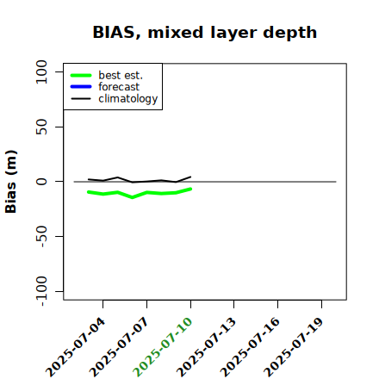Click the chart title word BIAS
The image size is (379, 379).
(x=114, y=33)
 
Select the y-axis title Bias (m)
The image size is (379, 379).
(x=11, y=182)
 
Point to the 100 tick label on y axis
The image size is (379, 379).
(x=41, y=71)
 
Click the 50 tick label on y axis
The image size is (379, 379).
(x=41, y=127)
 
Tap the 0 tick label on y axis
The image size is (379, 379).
(x=41, y=182)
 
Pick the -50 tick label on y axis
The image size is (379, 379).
(x=42, y=236)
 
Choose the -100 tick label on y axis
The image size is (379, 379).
(x=42, y=291)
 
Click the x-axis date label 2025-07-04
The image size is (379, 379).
(x=75, y=347)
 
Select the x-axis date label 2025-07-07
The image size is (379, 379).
(x=119, y=347)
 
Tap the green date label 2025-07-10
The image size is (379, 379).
(x=163, y=347)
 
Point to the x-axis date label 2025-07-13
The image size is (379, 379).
(x=207, y=347)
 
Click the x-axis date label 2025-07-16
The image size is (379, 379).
(x=250, y=347)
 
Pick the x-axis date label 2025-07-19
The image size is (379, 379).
(x=294, y=347)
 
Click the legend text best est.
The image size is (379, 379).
(x=121, y=75)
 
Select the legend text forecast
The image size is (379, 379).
(x=119, y=87)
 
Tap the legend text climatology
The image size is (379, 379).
(x=128, y=99)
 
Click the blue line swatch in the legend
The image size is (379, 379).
(x=81, y=87)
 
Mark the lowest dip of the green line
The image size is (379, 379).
(x=133, y=197)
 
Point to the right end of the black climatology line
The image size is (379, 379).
(x=190, y=177)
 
